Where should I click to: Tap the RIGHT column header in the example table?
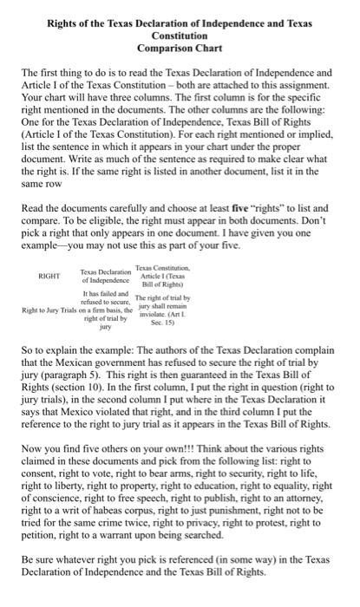tap(48, 276)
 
